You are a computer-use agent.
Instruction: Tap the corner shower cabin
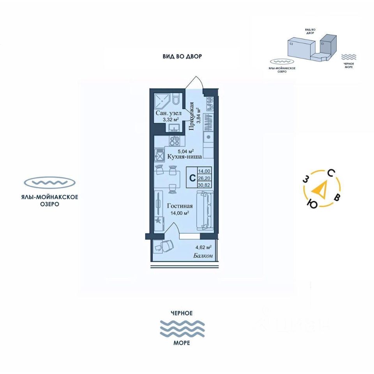pos(162,101)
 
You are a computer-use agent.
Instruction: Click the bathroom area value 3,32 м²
pos(168,120)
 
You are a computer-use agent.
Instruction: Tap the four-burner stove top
pos(174,141)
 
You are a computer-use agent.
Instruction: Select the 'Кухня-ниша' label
pos(184,157)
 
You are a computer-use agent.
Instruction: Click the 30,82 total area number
pos(205,185)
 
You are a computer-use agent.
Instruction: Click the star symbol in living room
pos(158,221)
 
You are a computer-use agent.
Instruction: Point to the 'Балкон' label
pos(203,256)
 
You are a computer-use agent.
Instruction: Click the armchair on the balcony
pos(164,246)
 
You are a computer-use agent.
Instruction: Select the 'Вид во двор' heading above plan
pos(182,56)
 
